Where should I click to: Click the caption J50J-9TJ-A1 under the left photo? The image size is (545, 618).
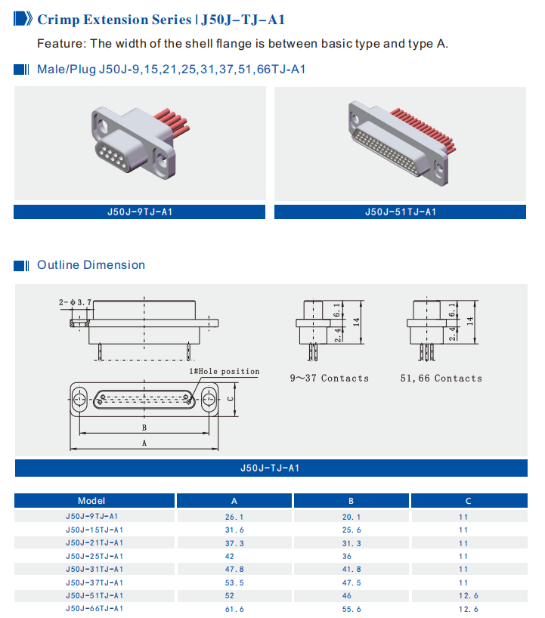pyautogui.click(x=140, y=212)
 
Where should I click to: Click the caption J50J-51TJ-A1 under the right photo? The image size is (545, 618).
pyautogui.click(x=401, y=212)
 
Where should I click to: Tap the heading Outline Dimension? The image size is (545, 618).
pyautogui.click(x=91, y=265)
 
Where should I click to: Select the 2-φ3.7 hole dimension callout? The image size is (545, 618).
pyautogui.click(x=75, y=302)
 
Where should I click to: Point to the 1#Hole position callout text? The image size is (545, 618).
pyautogui.click(x=224, y=372)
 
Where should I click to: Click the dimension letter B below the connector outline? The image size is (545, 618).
pyautogui.click(x=144, y=427)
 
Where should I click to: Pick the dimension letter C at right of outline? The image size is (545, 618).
pyautogui.click(x=230, y=399)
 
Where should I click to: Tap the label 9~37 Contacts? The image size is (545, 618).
pyautogui.click(x=330, y=378)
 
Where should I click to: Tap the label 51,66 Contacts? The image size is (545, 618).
pyautogui.click(x=441, y=378)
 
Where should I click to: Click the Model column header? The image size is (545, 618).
pyautogui.click(x=91, y=501)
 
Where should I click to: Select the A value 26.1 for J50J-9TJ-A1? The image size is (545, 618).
pyautogui.click(x=234, y=518)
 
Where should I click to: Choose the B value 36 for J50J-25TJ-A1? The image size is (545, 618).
pyautogui.click(x=351, y=556)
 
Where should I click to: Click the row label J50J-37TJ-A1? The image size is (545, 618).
pyautogui.click(x=94, y=582)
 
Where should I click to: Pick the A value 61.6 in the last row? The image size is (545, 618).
pyautogui.click(x=234, y=608)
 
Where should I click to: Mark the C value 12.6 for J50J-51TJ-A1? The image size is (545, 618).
pyautogui.click(x=468, y=595)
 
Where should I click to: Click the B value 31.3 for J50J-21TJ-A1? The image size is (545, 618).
pyautogui.click(x=351, y=543)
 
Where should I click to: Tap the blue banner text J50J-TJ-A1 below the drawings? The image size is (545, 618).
pyautogui.click(x=272, y=468)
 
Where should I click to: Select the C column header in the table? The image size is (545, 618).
pyautogui.click(x=468, y=501)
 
